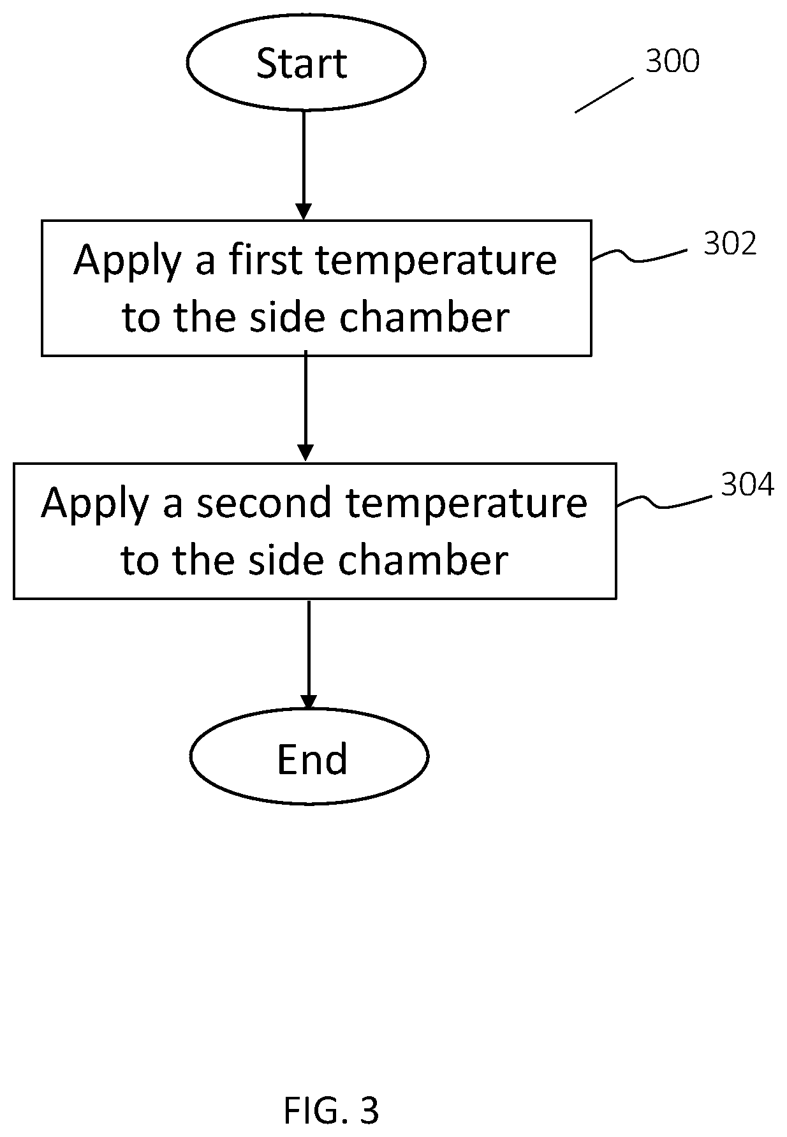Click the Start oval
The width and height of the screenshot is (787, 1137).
point(305,62)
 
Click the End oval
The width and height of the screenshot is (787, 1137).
point(309,757)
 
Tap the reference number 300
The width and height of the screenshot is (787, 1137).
point(672,61)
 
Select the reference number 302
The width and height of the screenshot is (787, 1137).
point(730,244)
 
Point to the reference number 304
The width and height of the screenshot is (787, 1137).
point(747,485)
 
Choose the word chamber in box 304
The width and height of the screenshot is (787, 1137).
point(423,559)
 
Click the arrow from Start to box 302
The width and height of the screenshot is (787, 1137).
point(304,165)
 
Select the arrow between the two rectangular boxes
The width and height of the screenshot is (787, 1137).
point(306,406)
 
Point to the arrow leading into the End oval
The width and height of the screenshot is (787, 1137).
point(309,655)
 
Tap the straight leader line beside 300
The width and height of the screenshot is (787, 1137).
point(605,95)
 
